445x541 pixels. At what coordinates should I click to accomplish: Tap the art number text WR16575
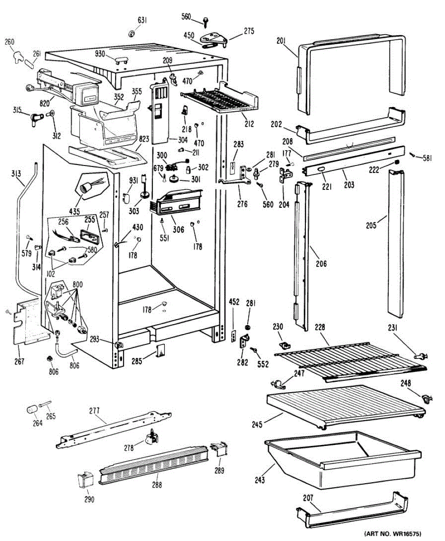(393, 534)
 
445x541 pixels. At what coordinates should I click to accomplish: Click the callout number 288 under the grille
(156, 485)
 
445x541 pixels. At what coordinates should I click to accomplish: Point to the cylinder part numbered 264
(32, 409)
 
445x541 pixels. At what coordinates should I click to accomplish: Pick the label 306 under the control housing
(178, 229)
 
